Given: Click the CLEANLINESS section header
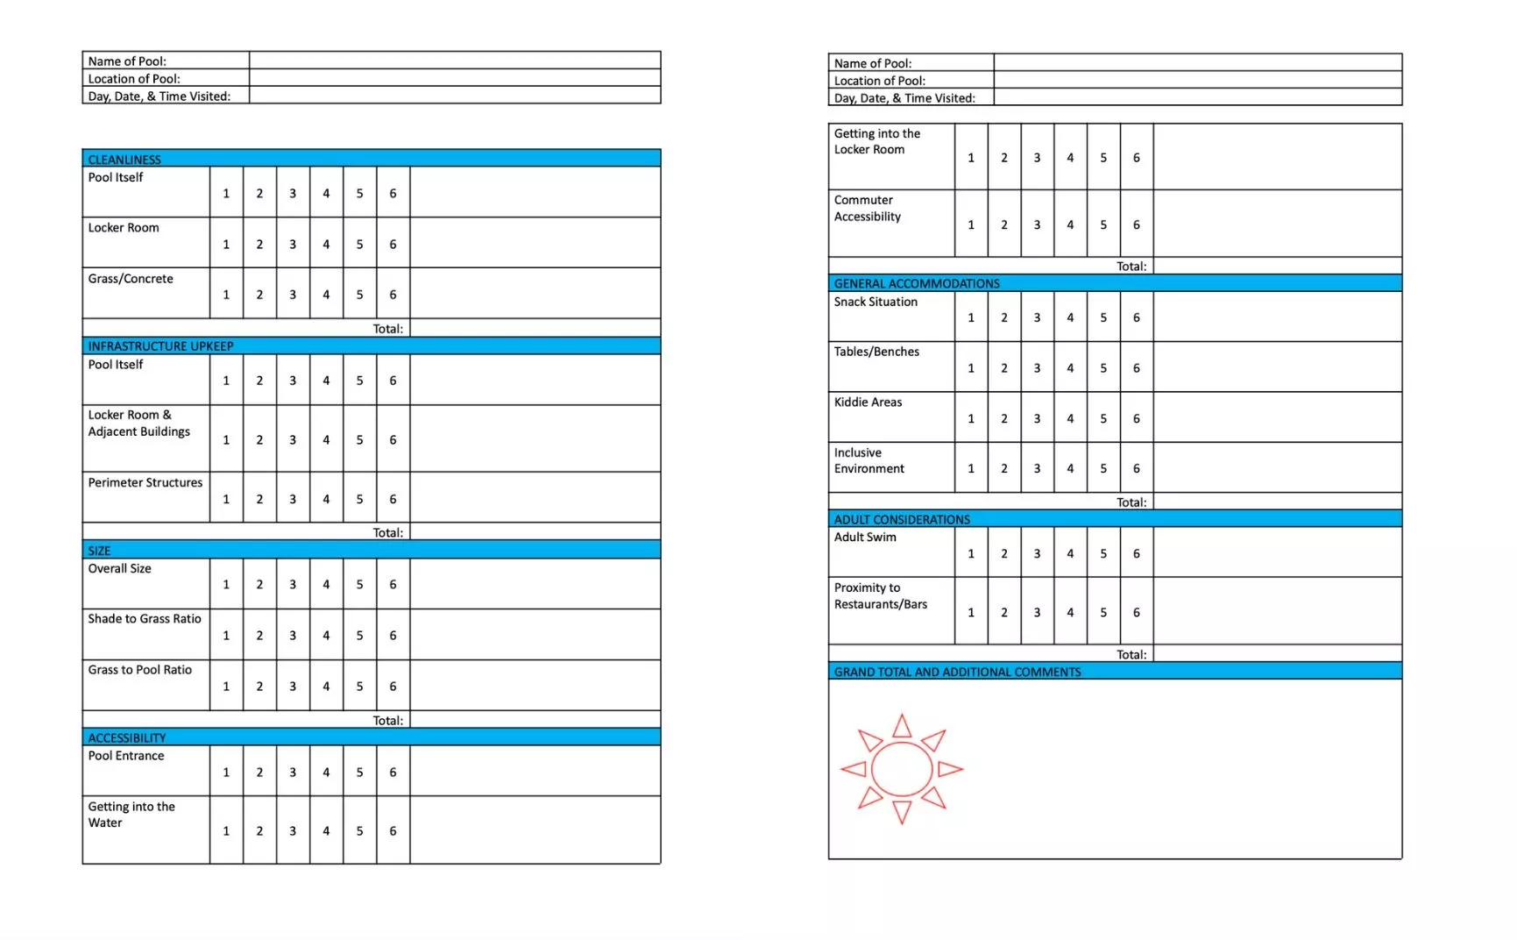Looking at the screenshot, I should (124, 160).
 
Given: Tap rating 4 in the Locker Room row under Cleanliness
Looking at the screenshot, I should (326, 245).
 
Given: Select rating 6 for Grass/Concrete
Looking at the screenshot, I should (393, 295).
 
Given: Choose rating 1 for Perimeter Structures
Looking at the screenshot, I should (226, 499).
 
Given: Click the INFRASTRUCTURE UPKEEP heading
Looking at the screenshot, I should (160, 346).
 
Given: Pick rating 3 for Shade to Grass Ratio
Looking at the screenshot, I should (293, 635).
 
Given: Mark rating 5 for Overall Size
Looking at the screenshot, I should (359, 584).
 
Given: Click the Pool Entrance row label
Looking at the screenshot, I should (126, 756).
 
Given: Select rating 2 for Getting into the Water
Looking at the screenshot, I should (259, 830).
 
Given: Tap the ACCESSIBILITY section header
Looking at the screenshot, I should (127, 738).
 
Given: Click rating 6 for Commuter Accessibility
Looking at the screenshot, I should (1137, 224).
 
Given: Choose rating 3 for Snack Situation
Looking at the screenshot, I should (1037, 317).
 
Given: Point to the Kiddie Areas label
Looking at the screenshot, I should (868, 402).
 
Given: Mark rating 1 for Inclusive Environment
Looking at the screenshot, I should (971, 468).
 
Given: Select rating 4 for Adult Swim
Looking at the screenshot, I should (1070, 553).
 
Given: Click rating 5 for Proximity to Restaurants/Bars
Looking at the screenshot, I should (1103, 612).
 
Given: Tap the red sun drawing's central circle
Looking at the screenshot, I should (902, 769).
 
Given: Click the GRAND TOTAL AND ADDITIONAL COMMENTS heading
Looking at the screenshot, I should (957, 673).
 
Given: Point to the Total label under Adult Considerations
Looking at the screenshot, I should (1131, 655).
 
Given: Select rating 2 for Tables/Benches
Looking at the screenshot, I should (1004, 368).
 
